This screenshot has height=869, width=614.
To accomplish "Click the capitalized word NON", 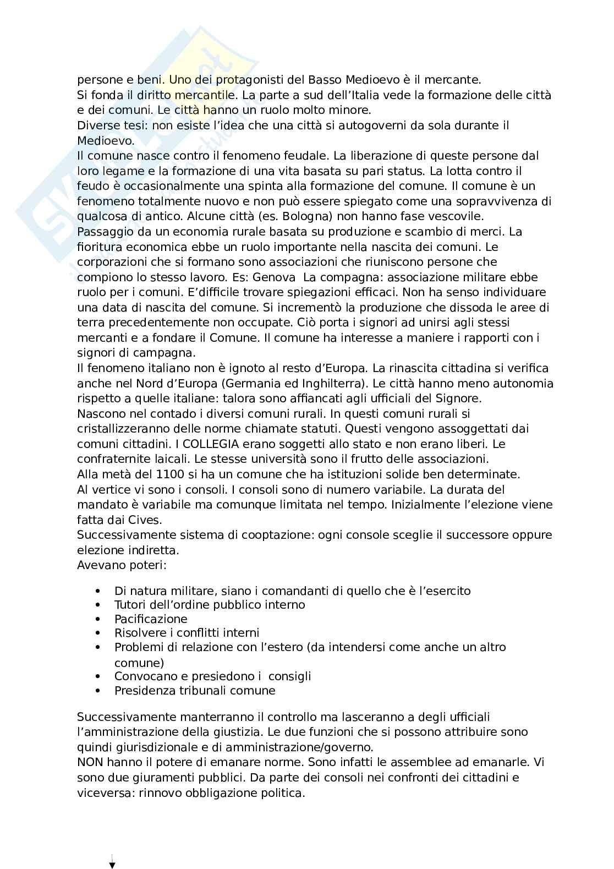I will (90, 763).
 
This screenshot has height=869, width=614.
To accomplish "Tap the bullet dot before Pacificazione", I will (98, 619).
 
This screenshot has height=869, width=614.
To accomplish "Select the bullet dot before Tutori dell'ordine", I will (98, 605).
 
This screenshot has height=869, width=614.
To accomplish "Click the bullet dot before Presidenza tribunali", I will (98, 691).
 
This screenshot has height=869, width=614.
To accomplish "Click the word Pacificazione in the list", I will (151, 619).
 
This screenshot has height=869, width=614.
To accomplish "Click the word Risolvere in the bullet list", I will (138, 633).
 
